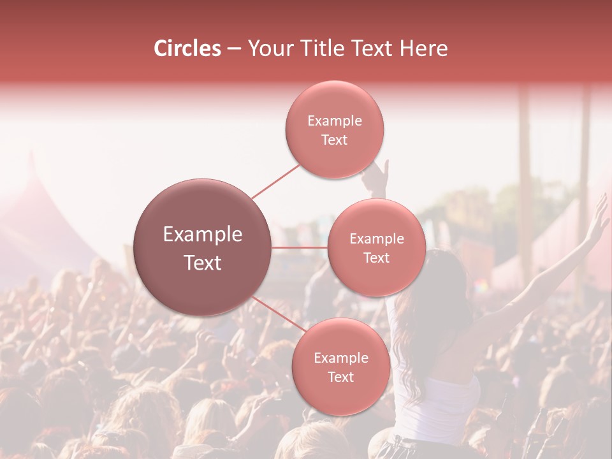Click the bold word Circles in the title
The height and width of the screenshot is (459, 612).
[187, 48]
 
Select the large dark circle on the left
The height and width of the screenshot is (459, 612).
[203, 247]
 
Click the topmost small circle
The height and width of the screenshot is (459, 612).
[334, 130]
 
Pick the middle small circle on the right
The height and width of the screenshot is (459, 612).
[376, 247]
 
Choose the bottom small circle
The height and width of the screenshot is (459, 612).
[340, 367]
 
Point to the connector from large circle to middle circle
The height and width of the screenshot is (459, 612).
[300, 247]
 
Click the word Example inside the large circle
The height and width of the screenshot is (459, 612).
[203, 235]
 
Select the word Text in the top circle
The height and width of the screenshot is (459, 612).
[334, 140]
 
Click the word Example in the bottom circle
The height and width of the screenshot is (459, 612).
[340, 358]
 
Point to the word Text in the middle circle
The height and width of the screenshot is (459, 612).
[376, 258]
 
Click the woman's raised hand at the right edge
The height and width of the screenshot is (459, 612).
[598, 217]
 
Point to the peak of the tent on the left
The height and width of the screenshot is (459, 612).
[31, 159]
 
